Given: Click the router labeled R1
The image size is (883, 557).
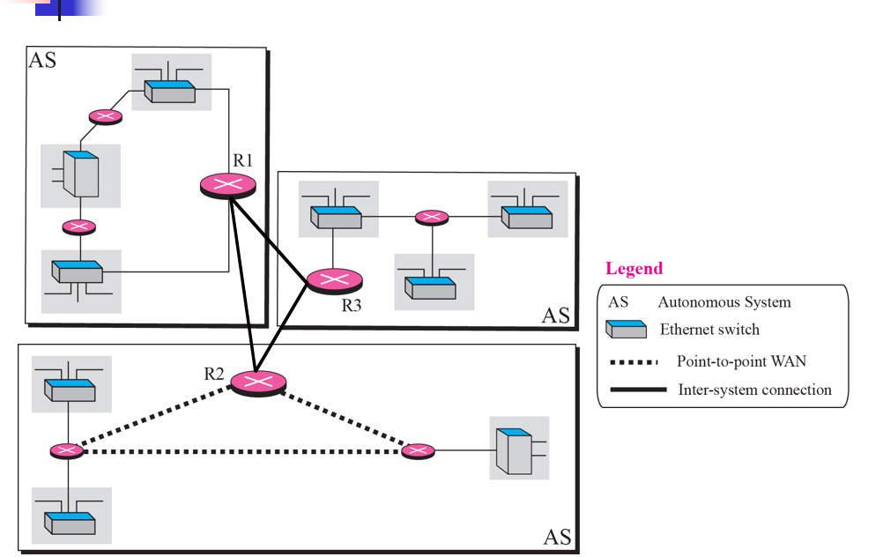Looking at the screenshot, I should (x=228, y=184).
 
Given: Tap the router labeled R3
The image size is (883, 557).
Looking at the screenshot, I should (x=335, y=281).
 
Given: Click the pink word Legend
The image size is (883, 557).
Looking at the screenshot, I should (x=634, y=269).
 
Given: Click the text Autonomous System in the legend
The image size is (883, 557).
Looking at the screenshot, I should (x=724, y=302).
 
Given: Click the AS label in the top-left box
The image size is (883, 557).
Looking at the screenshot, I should (x=42, y=61).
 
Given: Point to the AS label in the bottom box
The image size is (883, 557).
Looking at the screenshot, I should (x=557, y=537).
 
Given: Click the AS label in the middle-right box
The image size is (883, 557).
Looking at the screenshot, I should (x=555, y=316).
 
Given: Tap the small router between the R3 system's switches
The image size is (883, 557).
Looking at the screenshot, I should (x=432, y=217).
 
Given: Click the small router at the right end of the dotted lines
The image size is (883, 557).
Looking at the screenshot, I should (x=418, y=451).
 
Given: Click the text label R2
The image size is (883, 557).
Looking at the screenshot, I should (x=214, y=373).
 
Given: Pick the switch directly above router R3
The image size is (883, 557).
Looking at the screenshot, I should (x=336, y=216).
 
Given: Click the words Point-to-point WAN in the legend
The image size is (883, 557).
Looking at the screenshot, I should (x=741, y=361).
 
